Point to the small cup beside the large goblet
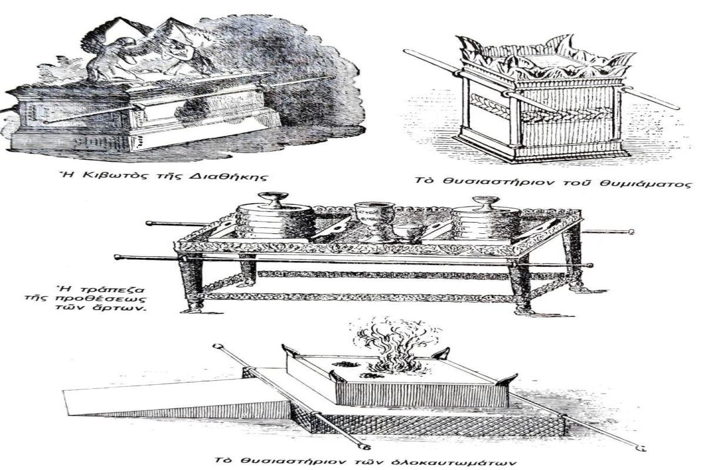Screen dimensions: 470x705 [405, 232]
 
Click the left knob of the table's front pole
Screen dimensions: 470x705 [118, 257]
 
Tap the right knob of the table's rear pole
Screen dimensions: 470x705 [631, 231]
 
